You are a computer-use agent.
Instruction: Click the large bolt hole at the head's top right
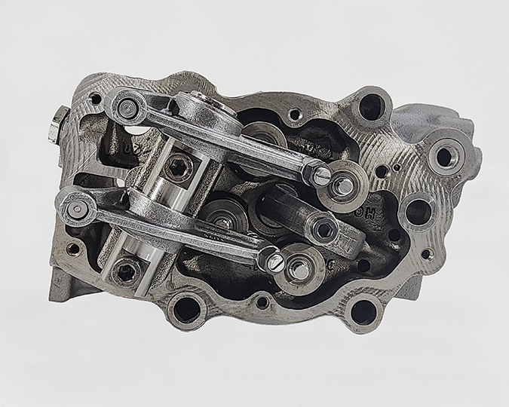coord(371,106)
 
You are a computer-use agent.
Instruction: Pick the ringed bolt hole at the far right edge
coord(444,156)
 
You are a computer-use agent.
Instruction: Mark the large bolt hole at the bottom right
coord(363,308)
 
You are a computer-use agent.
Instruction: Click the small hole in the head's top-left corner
coord(95,98)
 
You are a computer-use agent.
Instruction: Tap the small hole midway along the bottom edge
coord(262,303)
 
